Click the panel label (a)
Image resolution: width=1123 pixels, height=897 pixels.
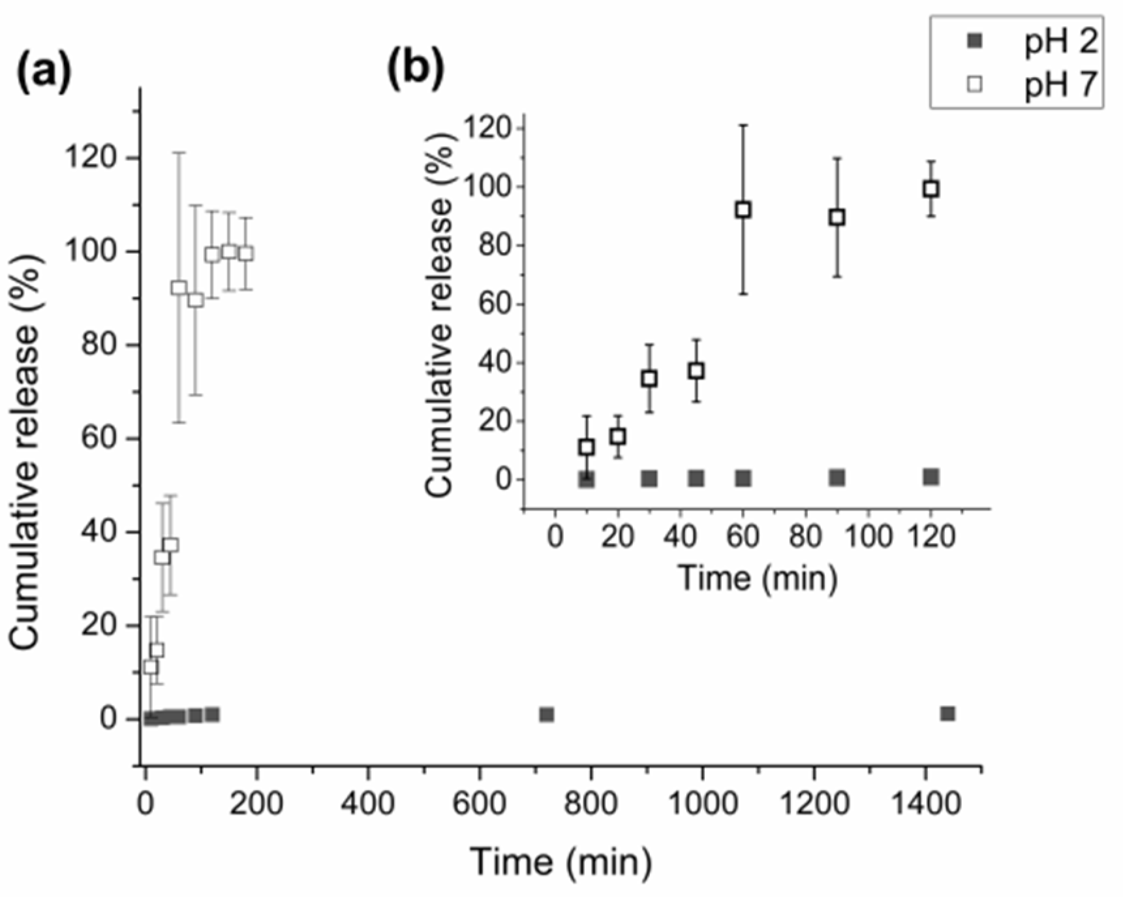[44, 71]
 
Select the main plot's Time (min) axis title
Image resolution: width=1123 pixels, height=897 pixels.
[561, 862]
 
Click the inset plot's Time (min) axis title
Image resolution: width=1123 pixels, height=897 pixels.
[757, 578]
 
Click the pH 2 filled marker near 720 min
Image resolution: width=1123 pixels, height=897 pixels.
[547, 715]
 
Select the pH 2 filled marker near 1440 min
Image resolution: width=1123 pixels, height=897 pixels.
[947, 714]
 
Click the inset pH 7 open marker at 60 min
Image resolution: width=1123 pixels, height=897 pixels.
[743, 210]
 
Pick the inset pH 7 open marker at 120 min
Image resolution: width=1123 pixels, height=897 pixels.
[931, 189]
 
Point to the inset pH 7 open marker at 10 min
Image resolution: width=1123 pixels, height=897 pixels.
[587, 447]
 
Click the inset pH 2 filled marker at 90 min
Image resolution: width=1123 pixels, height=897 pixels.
[837, 478]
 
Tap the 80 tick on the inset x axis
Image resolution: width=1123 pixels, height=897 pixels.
[805, 537]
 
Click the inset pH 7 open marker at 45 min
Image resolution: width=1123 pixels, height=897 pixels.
[696, 371]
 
